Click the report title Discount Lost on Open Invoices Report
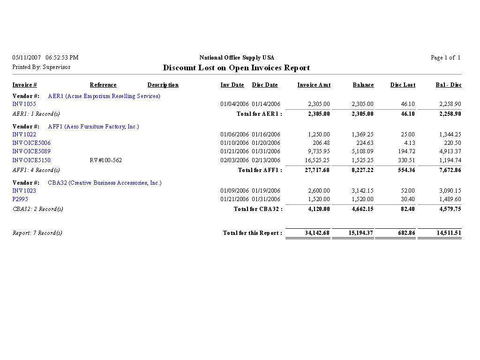click(x=236, y=67)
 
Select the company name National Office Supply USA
click(x=237, y=58)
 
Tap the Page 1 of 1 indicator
click(x=445, y=58)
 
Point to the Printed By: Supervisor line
click(x=41, y=67)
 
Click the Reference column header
click(x=103, y=85)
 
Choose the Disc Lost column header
click(x=403, y=85)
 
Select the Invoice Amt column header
click(x=314, y=85)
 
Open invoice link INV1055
click(x=24, y=104)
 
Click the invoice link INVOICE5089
click(x=31, y=151)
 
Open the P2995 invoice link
click(x=20, y=199)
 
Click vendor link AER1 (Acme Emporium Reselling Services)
click(x=104, y=96)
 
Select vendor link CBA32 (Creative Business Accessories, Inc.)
click(x=105, y=183)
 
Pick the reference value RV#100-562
click(x=105, y=160)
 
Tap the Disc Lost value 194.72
click(x=405, y=151)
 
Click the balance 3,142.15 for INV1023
click(x=362, y=191)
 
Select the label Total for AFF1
click(x=260, y=170)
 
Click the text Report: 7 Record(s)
click(x=37, y=233)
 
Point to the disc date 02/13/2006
click(x=266, y=160)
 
